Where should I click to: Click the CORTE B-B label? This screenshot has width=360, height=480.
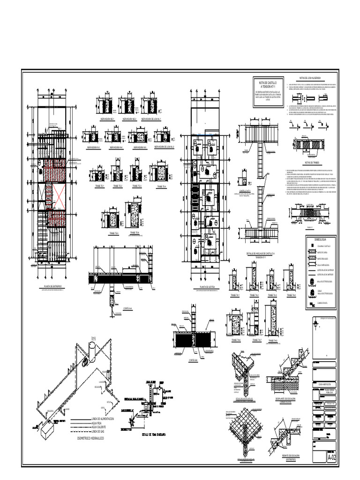pyautogui.click(x=194, y=360)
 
